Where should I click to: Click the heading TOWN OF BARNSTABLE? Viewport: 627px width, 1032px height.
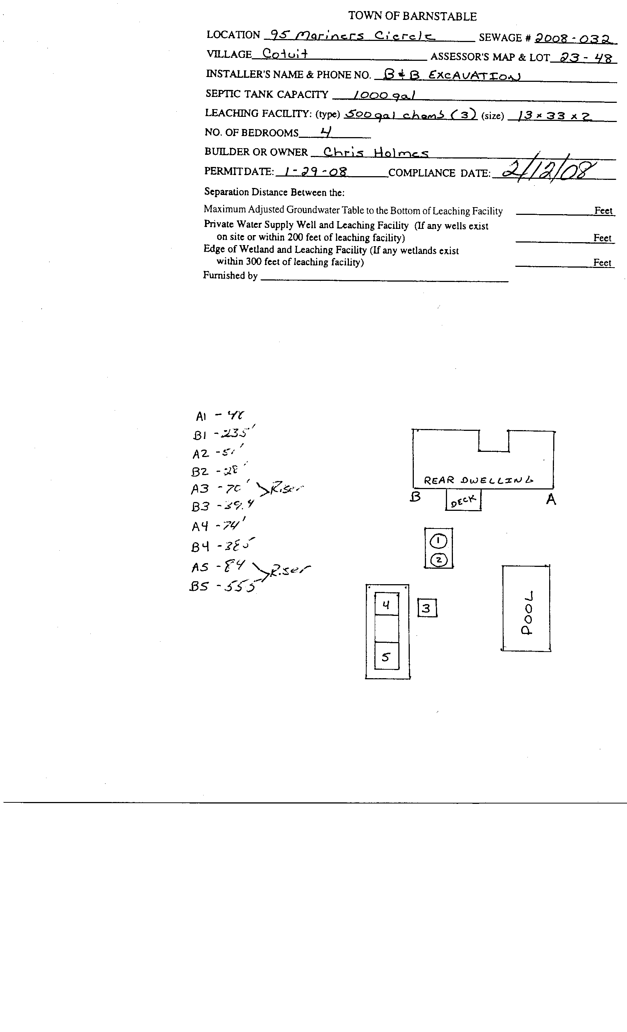412,16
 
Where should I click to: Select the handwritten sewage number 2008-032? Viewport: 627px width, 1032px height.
574,39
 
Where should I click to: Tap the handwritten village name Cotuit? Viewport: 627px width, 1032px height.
285,53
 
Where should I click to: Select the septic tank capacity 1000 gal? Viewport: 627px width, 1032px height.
384,95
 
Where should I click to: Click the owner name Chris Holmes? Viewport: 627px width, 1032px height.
375,153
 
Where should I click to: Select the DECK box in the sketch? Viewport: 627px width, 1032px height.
463,500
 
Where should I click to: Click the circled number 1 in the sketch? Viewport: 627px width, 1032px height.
439,540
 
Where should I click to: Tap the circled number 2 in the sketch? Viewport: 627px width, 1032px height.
439,559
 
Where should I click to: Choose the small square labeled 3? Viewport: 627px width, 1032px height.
427,608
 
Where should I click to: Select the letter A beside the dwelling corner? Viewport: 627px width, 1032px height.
551,499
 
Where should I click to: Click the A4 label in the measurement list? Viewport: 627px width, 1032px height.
200,526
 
